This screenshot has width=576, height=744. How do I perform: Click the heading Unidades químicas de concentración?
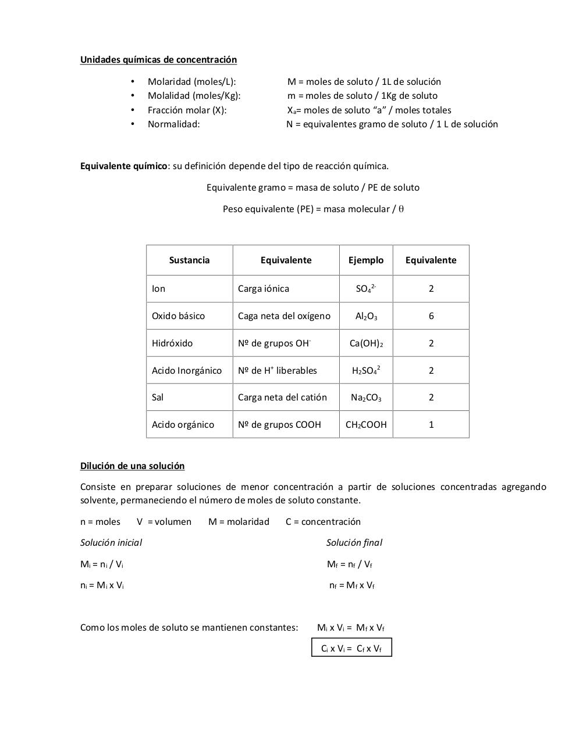158,60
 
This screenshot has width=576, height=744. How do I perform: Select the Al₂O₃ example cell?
366,316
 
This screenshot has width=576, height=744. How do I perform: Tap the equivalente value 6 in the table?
431,316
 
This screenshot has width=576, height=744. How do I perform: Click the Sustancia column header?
189,260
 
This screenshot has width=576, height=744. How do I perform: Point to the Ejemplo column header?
366,260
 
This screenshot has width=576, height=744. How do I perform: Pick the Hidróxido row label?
172,344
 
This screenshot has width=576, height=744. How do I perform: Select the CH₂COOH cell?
366,425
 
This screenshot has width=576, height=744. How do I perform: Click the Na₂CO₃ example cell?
366,398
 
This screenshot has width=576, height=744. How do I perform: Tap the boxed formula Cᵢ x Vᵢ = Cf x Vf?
351,648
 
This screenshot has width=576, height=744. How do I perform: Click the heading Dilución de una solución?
132,466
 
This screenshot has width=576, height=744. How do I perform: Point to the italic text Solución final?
354,543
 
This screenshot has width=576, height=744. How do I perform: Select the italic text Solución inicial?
111,543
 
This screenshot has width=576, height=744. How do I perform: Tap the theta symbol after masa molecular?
401,209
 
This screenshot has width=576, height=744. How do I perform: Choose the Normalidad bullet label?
173,124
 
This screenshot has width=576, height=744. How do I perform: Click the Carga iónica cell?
263,289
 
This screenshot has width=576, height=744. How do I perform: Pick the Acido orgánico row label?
183,425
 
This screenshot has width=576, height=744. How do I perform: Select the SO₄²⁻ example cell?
366,288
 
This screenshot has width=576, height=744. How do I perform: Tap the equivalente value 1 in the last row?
431,425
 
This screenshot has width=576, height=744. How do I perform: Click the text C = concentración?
323,522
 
